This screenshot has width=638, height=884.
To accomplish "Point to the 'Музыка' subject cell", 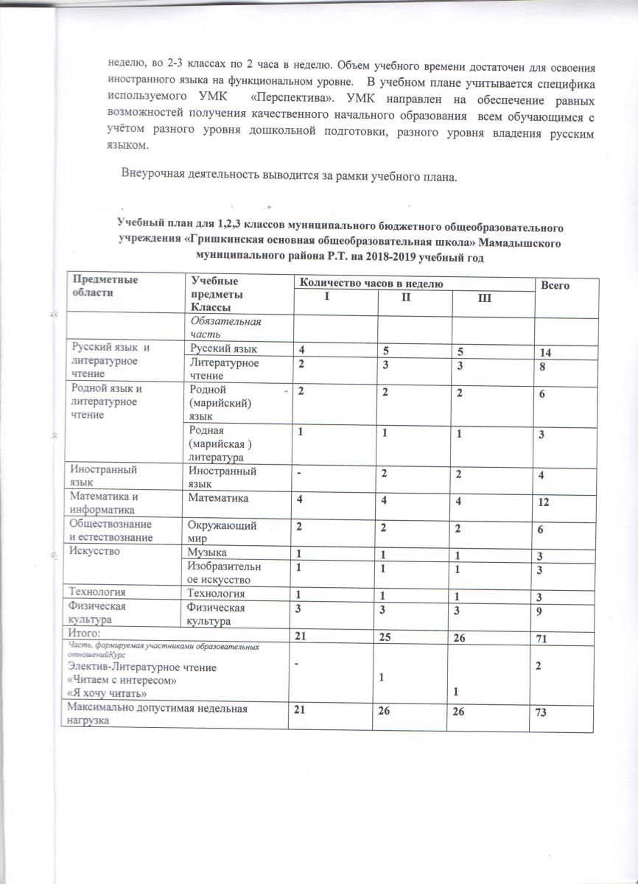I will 208,552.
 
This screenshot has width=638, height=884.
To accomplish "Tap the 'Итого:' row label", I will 85,633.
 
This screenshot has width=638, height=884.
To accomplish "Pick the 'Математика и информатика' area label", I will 103,502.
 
